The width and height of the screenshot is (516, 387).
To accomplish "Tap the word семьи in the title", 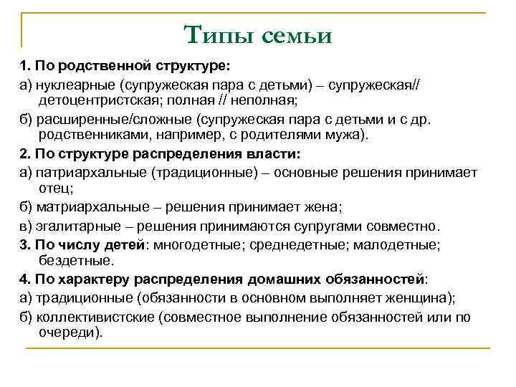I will click(293, 34).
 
